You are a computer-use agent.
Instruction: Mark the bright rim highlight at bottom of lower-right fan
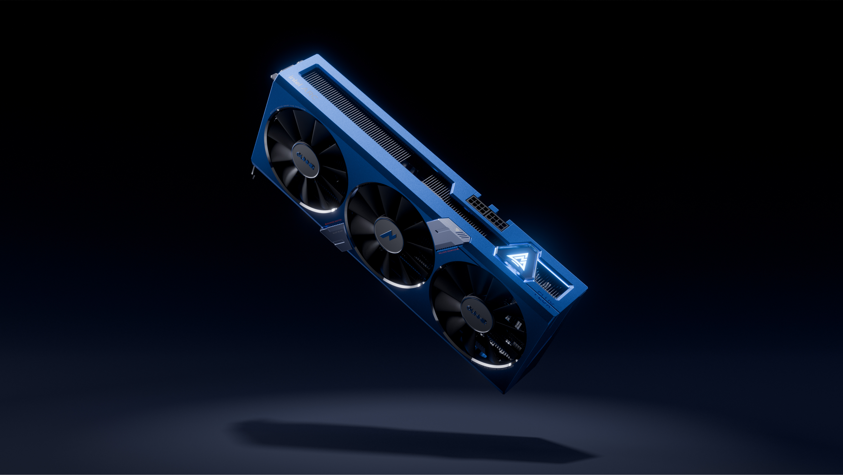click(x=491, y=364)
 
